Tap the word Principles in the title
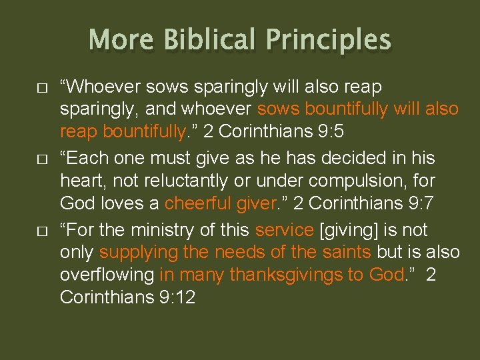(329, 39)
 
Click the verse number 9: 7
(417, 203)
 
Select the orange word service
(285, 231)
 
